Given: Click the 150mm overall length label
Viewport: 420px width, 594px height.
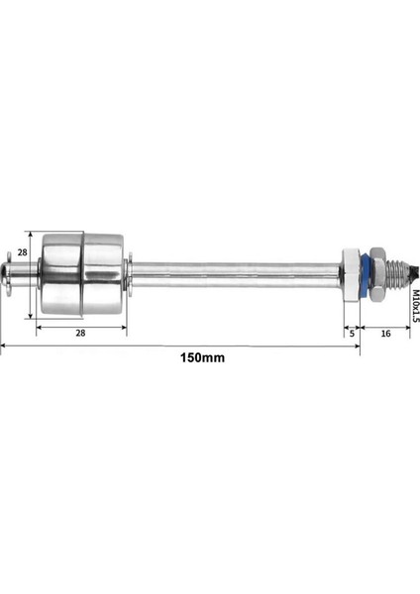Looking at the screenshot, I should pos(203,357).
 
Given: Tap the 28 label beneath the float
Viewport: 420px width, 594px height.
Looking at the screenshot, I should pos(79,334).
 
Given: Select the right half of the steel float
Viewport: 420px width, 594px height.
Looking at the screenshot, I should pos(103,269).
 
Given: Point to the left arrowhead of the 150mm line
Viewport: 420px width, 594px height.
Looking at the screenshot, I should pos(3,346).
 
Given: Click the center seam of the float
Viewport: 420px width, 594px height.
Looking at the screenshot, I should pos(81,269).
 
